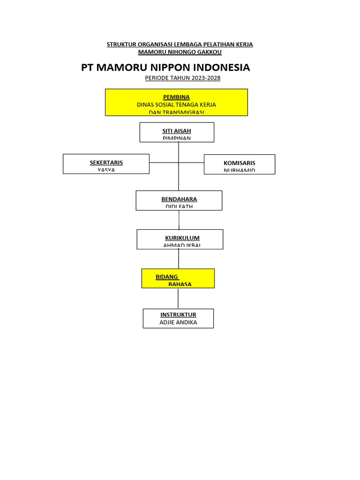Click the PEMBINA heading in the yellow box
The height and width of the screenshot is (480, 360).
tap(176, 97)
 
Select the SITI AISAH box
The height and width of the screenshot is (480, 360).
tap(177, 132)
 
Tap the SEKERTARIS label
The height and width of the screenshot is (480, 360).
tap(106, 163)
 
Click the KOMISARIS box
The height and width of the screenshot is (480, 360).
tap(240, 164)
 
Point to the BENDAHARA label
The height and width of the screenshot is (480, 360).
tap(179, 199)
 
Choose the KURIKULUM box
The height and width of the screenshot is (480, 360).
tap(180, 239)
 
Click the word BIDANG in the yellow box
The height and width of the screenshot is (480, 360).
tap(167, 277)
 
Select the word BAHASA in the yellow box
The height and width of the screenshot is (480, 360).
tap(180, 284)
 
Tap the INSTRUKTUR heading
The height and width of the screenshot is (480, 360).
tap(178, 315)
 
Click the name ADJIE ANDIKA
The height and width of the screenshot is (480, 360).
tap(178, 322)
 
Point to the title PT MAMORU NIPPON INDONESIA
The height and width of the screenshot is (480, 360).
tap(165, 67)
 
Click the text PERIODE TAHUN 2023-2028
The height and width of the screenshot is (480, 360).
tap(182, 78)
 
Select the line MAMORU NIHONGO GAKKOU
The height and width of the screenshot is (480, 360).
tap(180, 52)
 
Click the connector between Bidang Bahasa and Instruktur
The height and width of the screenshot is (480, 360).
tap(178, 298)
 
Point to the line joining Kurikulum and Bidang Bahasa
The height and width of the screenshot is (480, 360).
tap(179, 259)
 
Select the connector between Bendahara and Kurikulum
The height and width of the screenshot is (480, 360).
tap(179, 220)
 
